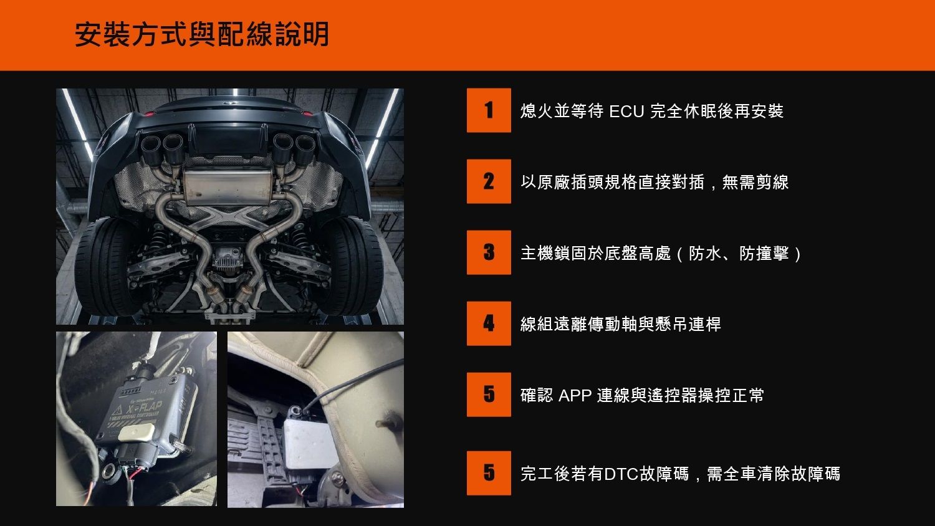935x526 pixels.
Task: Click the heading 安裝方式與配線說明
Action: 202,34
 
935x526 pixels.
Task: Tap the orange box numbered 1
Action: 489,110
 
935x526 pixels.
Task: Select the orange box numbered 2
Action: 489,181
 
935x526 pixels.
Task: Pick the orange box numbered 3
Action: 489,252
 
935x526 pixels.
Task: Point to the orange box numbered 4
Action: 489,323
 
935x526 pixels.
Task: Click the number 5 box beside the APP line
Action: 489,394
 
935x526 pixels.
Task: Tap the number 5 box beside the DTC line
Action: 489,473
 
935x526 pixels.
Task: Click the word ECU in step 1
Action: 626,112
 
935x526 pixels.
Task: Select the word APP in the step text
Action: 575,395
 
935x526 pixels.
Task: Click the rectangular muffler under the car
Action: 228,186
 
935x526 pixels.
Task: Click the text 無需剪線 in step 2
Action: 755,183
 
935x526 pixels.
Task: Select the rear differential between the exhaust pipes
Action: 228,257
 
